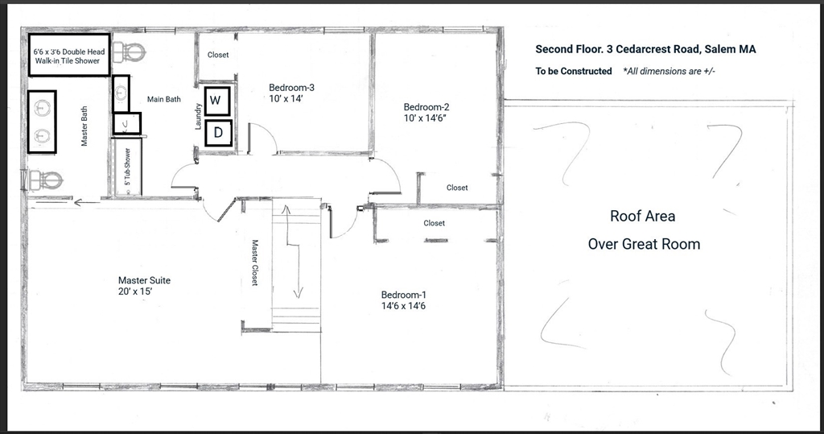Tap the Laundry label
[x=198, y=116]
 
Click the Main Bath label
[x=163, y=99]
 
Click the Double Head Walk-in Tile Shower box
[x=68, y=56]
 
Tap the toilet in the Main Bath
[x=129, y=50]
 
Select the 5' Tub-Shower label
[x=126, y=170]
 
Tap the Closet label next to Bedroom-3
[x=218, y=55]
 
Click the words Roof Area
[x=642, y=216]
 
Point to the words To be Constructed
[x=574, y=71]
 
